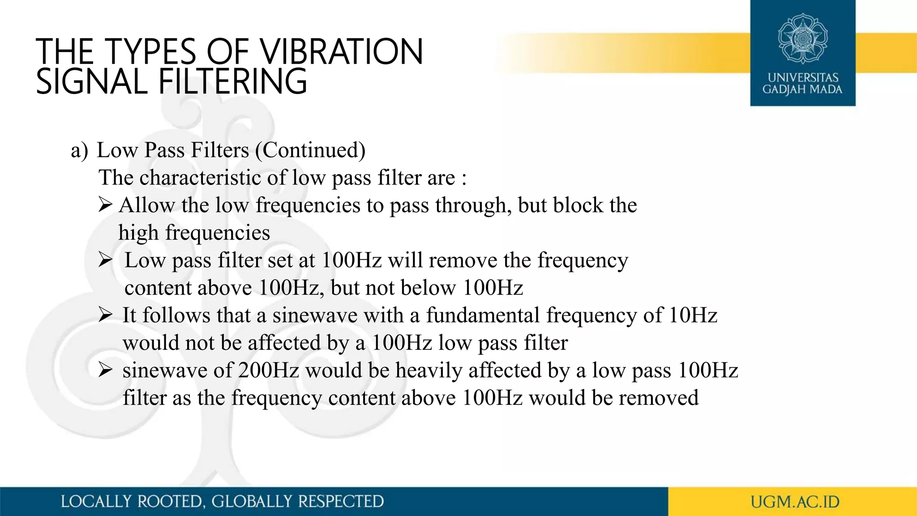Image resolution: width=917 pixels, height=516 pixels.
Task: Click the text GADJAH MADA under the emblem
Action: (x=802, y=90)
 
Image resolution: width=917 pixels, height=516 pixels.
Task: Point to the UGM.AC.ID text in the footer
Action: (x=795, y=502)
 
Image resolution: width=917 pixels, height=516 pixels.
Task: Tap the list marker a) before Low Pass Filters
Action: (x=80, y=150)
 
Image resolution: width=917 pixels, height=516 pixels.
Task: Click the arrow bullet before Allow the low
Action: (x=105, y=205)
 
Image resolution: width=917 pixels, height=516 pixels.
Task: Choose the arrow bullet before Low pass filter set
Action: (x=105, y=260)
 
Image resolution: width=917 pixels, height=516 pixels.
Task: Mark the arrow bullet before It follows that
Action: (x=105, y=315)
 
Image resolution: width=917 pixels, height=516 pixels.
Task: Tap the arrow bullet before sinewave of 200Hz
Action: (x=105, y=370)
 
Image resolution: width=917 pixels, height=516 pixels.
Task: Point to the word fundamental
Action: (x=483, y=315)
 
